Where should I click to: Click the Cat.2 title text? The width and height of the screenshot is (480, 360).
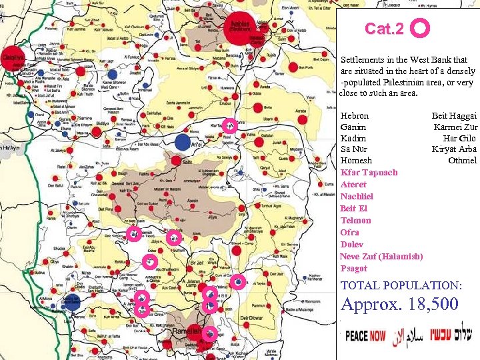(x=385, y=29)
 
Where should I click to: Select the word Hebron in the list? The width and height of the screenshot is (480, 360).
(x=354, y=115)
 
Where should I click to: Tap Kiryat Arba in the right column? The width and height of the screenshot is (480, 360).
(x=454, y=149)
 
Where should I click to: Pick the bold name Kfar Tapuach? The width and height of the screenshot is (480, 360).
(x=369, y=172)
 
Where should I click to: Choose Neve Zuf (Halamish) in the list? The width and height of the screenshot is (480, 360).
(x=381, y=256)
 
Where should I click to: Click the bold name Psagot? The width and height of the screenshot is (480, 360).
(x=353, y=268)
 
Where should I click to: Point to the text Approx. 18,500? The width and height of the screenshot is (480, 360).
(x=399, y=304)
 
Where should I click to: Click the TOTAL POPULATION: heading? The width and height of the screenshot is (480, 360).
(x=401, y=285)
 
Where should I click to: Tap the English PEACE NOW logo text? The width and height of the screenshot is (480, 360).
(x=365, y=335)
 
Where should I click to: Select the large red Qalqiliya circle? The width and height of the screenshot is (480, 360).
(x=13, y=57)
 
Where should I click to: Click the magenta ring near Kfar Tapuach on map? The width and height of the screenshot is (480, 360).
(x=229, y=124)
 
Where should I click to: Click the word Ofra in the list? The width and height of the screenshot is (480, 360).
(x=349, y=232)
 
